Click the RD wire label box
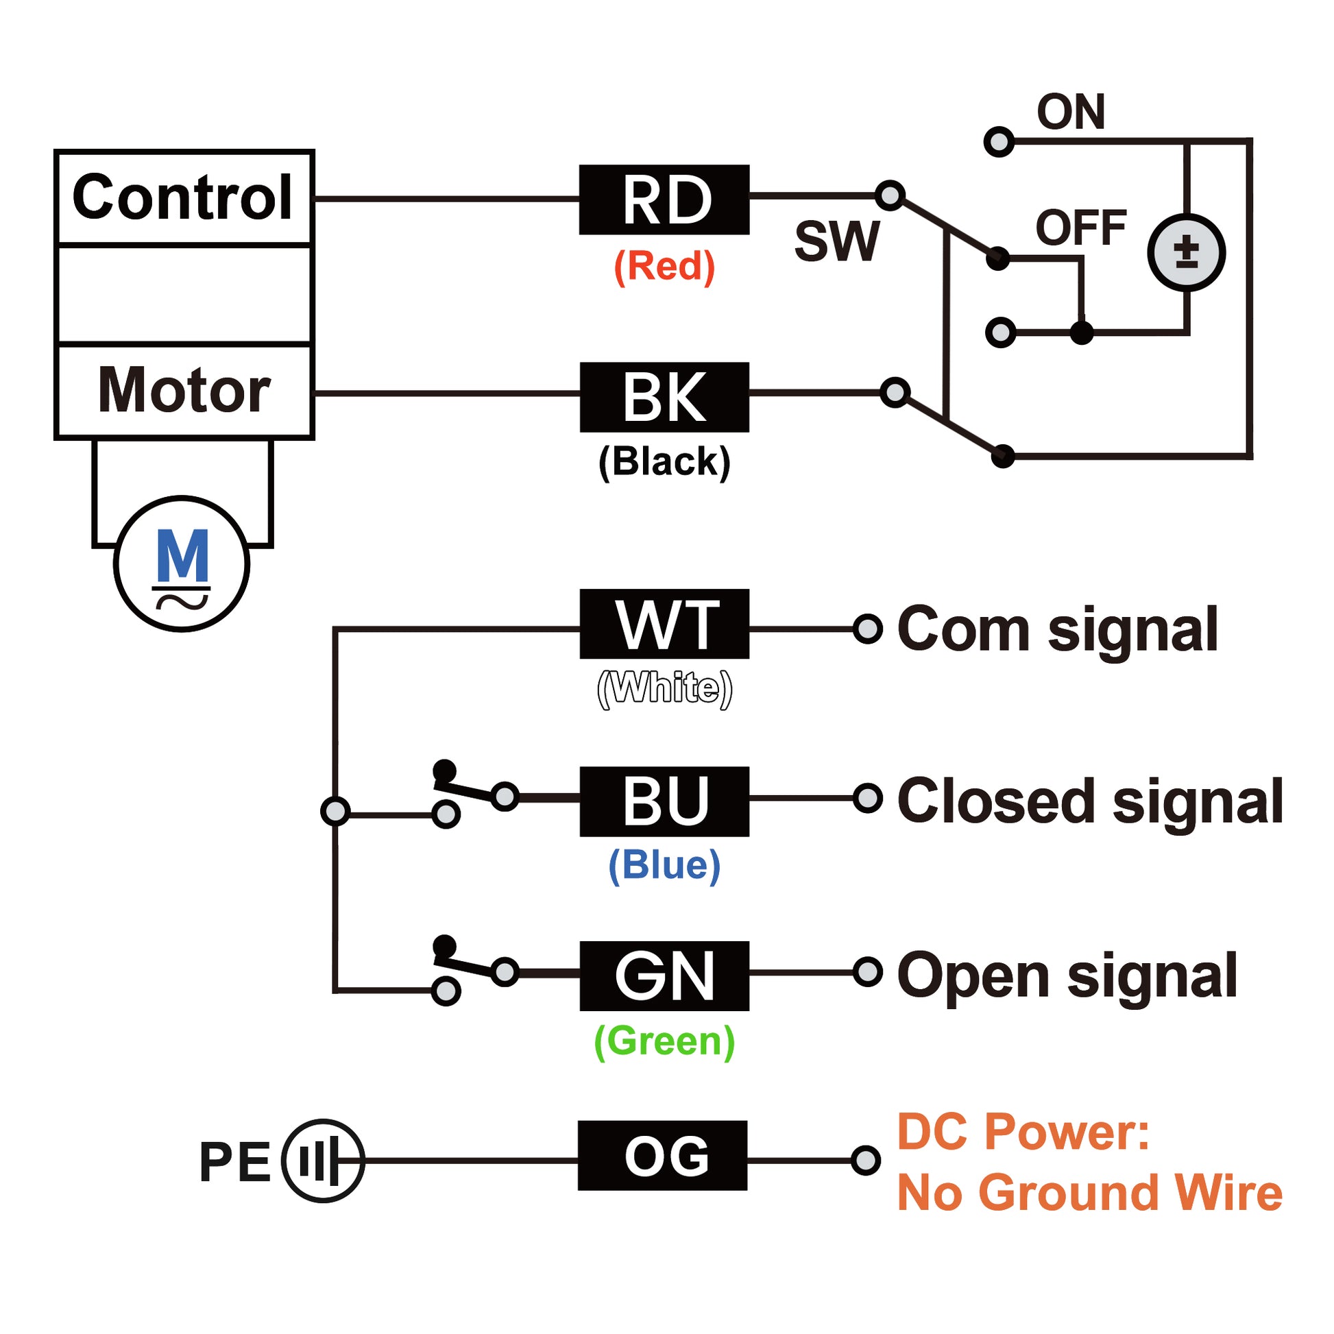pyautogui.click(x=664, y=199)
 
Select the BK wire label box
pyautogui.click(x=664, y=397)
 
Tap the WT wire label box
pyautogui.click(x=664, y=624)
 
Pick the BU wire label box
pyautogui.click(x=664, y=801)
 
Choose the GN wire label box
pyautogui.click(x=664, y=975)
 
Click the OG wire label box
pyautogui.click(x=662, y=1155)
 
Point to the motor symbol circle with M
pyautogui.click(x=182, y=563)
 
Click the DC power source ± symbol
pyautogui.click(x=1186, y=252)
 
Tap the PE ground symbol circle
pyautogui.click(x=322, y=1161)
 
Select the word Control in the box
pyautogui.click(x=183, y=197)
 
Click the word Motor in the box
pyautogui.click(x=184, y=390)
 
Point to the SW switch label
pyautogui.click(x=837, y=242)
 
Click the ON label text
pyautogui.click(x=1070, y=112)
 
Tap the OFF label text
pyautogui.click(x=1080, y=228)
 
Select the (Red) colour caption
pyautogui.click(x=664, y=266)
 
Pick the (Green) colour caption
pyautogui.click(x=664, y=1041)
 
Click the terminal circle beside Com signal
pyautogui.click(x=867, y=629)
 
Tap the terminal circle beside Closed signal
pyautogui.click(x=867, y=798)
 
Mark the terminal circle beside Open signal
pyautogui.click(x=867, y=972)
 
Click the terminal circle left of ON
pyautogui.click(x=998, y=142)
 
